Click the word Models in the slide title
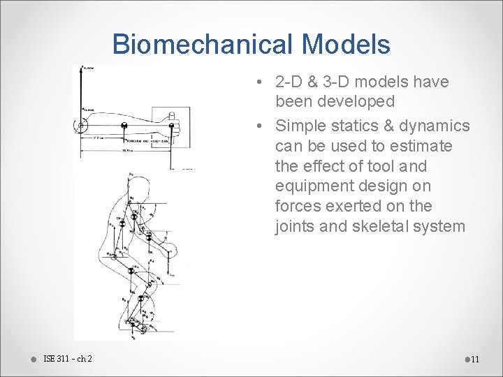coord(347,45)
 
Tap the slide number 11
coord(475,360)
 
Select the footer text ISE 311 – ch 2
coord(67,359)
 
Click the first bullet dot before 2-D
coord(259,82)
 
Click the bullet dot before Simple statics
coord(259,126)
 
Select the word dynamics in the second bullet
coord(436,126)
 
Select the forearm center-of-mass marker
coord(124,126)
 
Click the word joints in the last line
coord(296,226)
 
